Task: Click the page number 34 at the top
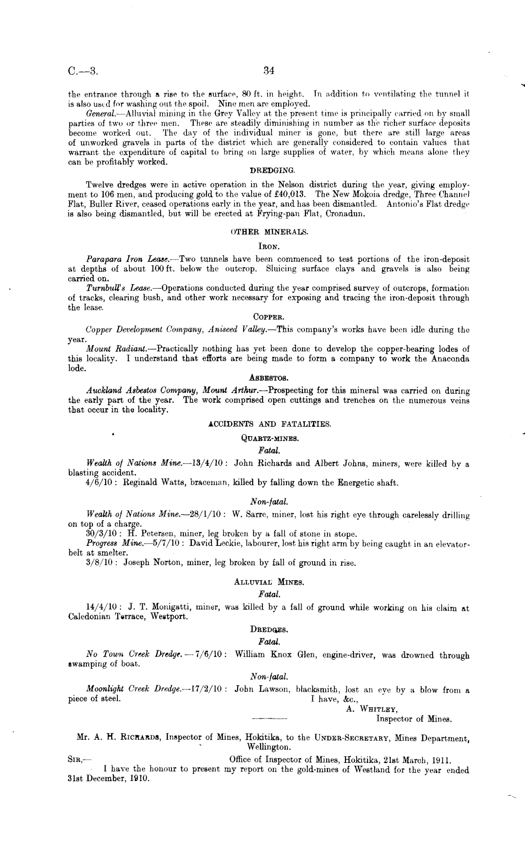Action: point(269,71)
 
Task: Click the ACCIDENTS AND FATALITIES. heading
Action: point(270,424)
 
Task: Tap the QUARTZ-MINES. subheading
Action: point(270,438)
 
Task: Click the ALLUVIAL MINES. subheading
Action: point(269,582)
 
